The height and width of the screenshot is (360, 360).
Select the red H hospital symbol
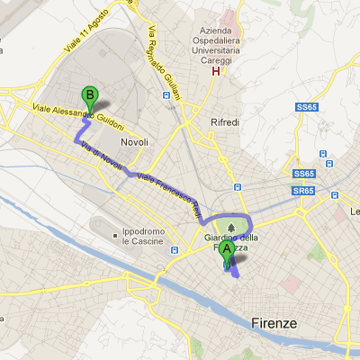tap(214, 71)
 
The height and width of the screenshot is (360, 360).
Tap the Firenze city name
tap(274, 323)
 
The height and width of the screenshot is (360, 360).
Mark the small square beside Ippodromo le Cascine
tap(115, 238)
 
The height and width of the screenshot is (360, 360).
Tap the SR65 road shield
tap(303, 191)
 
